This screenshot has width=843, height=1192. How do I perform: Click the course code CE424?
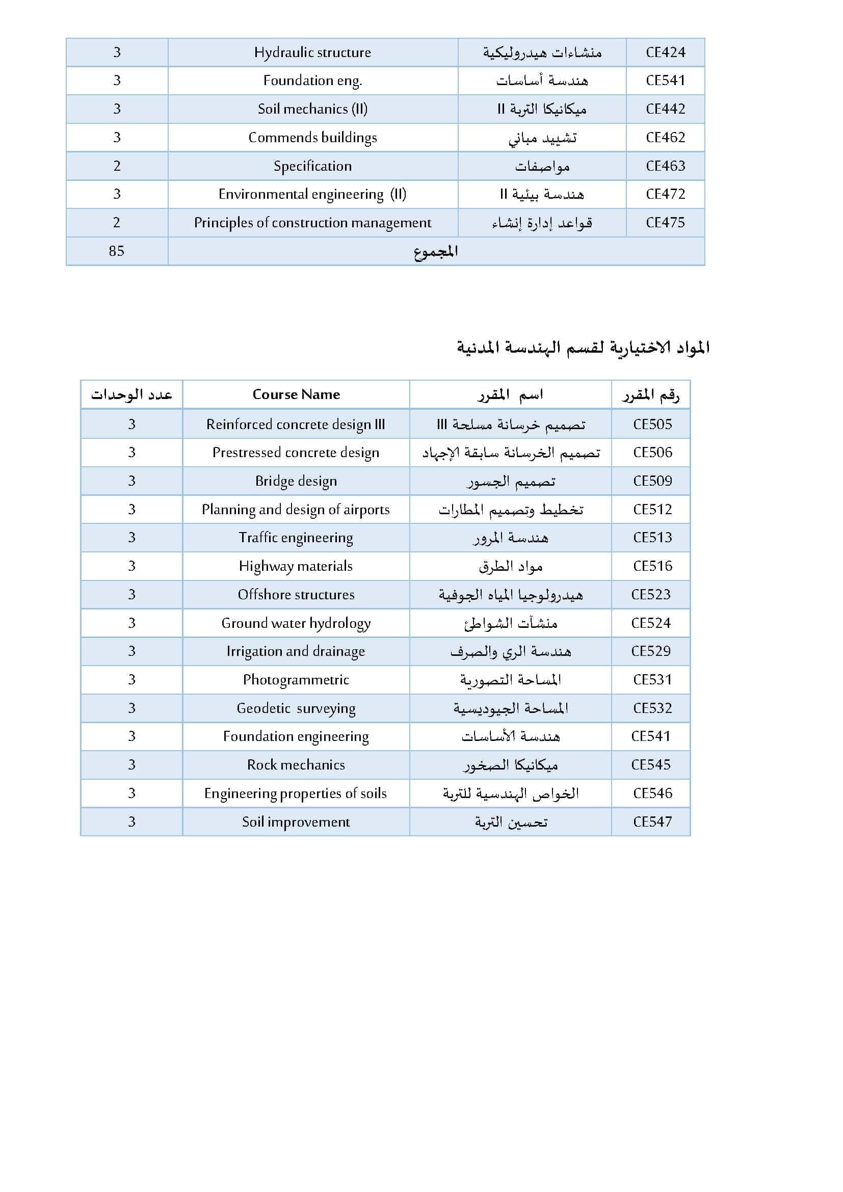(665, 52)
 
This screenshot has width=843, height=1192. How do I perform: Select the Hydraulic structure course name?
(312, 52)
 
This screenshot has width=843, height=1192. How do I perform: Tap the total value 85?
(117, 251)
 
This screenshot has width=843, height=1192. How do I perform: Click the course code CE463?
(665, 166)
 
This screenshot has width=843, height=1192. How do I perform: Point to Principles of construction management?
(312, 223)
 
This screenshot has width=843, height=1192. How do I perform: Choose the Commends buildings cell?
(312, 138)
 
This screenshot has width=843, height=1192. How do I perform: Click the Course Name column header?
(296, 394)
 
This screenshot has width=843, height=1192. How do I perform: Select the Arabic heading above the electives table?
(583, 348)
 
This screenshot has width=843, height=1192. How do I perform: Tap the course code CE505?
(652, 424)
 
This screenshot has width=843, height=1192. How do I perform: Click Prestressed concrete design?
(296, 453)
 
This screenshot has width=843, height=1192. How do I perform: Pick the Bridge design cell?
(296, 481)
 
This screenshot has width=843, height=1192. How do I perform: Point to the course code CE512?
(652, 509)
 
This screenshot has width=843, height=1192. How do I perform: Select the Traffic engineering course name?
(296, 538)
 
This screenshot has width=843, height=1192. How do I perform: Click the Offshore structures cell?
(296, 594)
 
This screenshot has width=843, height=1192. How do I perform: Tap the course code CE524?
(650, 623)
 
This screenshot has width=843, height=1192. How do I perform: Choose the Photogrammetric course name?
(296, 680)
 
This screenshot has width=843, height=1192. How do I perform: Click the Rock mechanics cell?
(296, 765)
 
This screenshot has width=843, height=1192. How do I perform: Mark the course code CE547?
(652, 822)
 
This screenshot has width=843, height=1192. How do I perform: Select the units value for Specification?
(117, 166)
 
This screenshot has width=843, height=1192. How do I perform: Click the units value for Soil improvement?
(132, 822)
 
